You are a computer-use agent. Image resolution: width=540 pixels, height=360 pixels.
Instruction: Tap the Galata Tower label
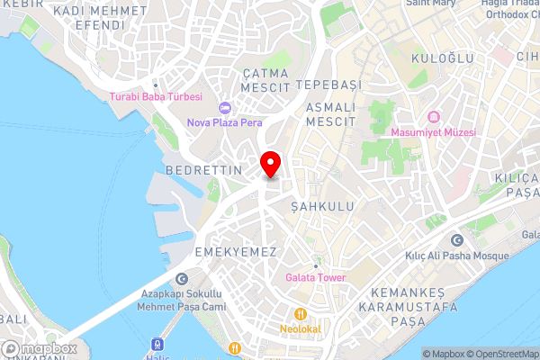coord(316,277)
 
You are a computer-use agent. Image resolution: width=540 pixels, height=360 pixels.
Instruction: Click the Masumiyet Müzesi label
coord(433,131)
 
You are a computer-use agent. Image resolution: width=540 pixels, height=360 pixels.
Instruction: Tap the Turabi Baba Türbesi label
coord(156,96)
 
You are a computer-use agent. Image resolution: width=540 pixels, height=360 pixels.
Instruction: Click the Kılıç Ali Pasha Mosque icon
coord(456,241)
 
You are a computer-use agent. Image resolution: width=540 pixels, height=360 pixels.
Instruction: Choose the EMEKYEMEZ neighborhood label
coord(235,252)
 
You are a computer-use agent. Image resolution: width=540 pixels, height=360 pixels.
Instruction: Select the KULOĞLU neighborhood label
coord(437,58)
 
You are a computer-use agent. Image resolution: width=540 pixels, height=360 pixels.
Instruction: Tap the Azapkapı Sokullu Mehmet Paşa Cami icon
coord(183,279)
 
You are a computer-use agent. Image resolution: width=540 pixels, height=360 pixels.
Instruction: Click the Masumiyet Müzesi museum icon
coord(433,117)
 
